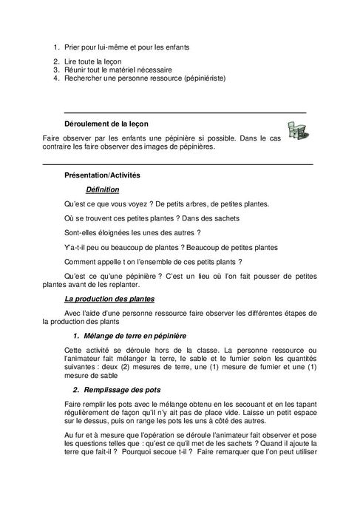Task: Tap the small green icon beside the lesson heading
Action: click(297, 129)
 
